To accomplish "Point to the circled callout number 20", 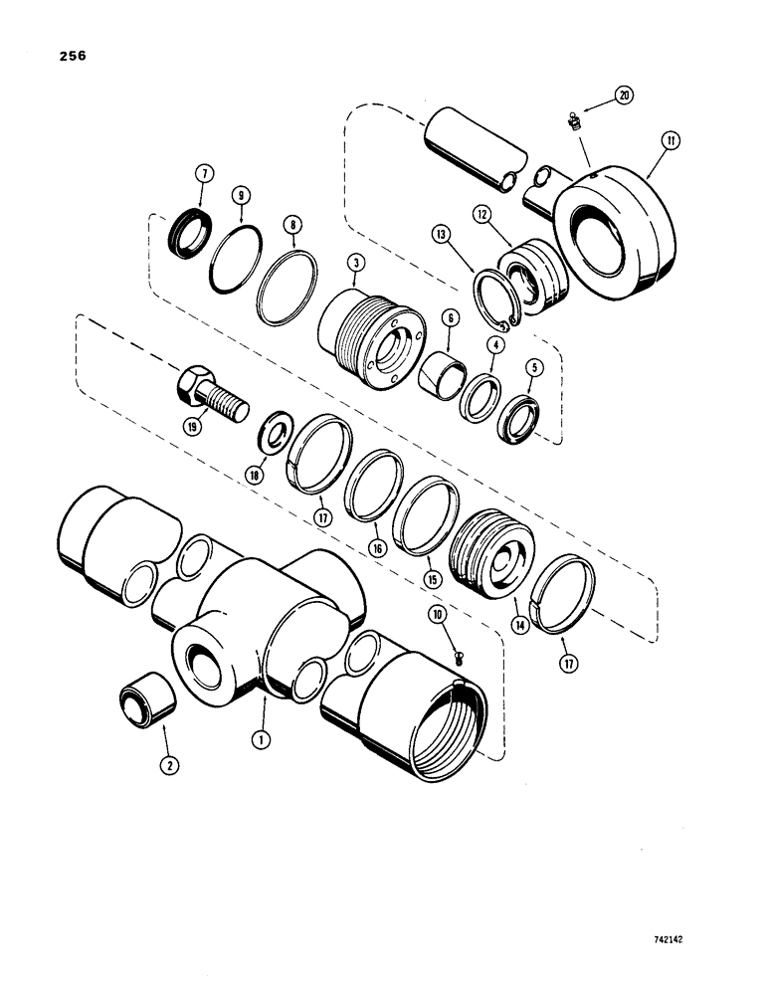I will tap(624, 95).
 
